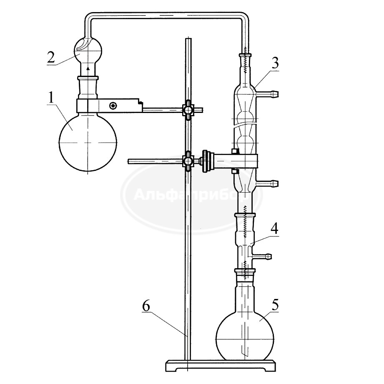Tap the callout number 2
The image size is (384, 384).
[x=51, y=57]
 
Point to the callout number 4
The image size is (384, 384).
[x=274, y=228]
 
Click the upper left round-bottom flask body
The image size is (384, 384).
[x=88, y=142]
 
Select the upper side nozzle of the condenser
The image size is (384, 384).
[x=267, y=93]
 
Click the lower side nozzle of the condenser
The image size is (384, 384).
[x=267, y=183]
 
